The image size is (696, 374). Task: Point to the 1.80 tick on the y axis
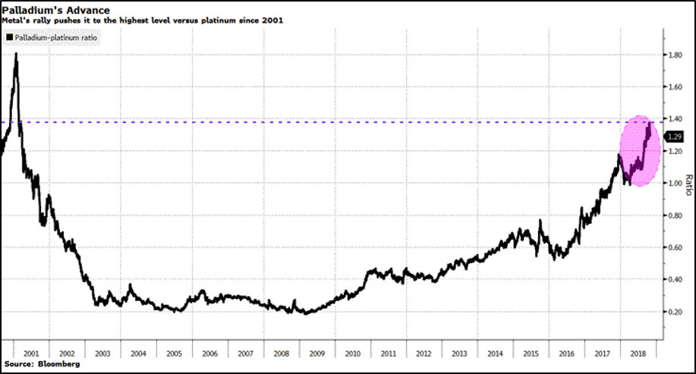pos(673,55)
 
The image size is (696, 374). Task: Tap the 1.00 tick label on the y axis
pos(673,183)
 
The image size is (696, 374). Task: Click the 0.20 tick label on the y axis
pos(673,312)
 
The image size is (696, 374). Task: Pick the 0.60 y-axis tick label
pos(673,247)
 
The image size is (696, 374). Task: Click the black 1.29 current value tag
pos(674,137)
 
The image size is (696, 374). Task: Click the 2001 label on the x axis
pos(31,354)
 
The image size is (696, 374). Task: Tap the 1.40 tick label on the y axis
pos(673,119)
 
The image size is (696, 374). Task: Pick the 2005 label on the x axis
pos(174,354)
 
